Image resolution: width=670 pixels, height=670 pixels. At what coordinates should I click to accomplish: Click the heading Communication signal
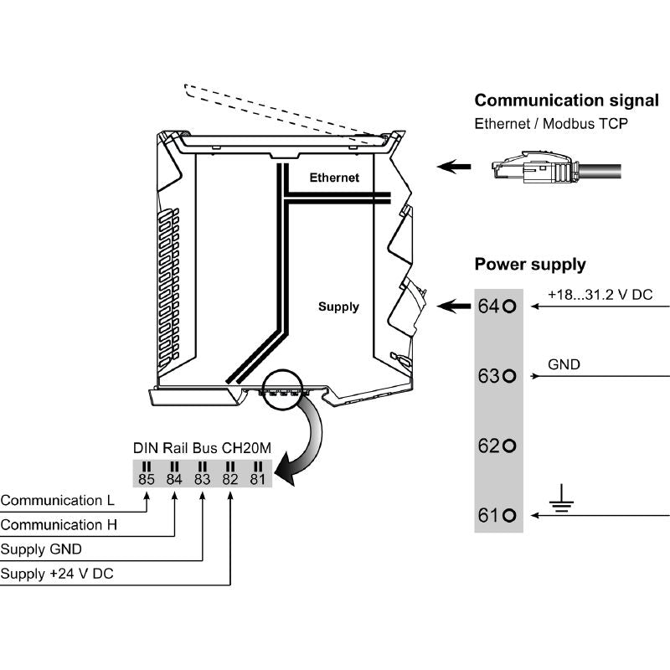point(566,100)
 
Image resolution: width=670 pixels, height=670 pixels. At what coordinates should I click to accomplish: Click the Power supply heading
point(530,265)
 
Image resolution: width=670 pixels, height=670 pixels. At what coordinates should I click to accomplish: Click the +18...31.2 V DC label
point(600,296)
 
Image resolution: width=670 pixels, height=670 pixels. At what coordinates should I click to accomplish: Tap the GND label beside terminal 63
point(564,365)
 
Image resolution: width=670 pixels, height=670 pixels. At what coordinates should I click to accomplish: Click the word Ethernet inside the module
point(334,178)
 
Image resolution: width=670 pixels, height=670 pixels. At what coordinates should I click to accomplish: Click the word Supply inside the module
point(338,307)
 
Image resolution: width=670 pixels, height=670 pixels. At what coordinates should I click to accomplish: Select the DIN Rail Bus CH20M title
point(202,448)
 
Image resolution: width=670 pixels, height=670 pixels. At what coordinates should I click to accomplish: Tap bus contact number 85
point(146,480)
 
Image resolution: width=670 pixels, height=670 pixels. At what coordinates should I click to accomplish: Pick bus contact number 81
point(257,480)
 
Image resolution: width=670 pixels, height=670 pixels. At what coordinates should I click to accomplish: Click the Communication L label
point(57,501)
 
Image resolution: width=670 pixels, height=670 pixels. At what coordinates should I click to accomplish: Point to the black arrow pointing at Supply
point(456,306)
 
